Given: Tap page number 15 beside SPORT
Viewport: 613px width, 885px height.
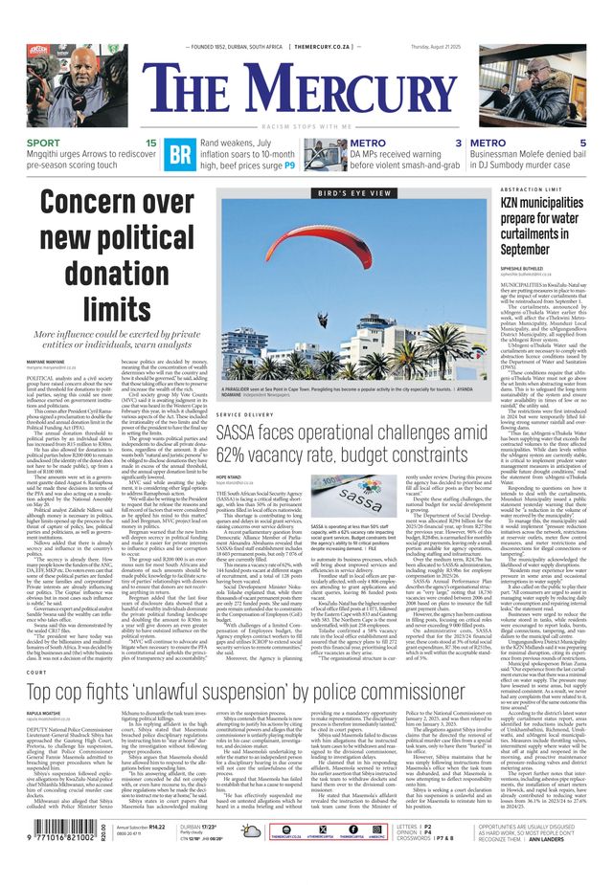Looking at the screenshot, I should coord(150,143).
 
